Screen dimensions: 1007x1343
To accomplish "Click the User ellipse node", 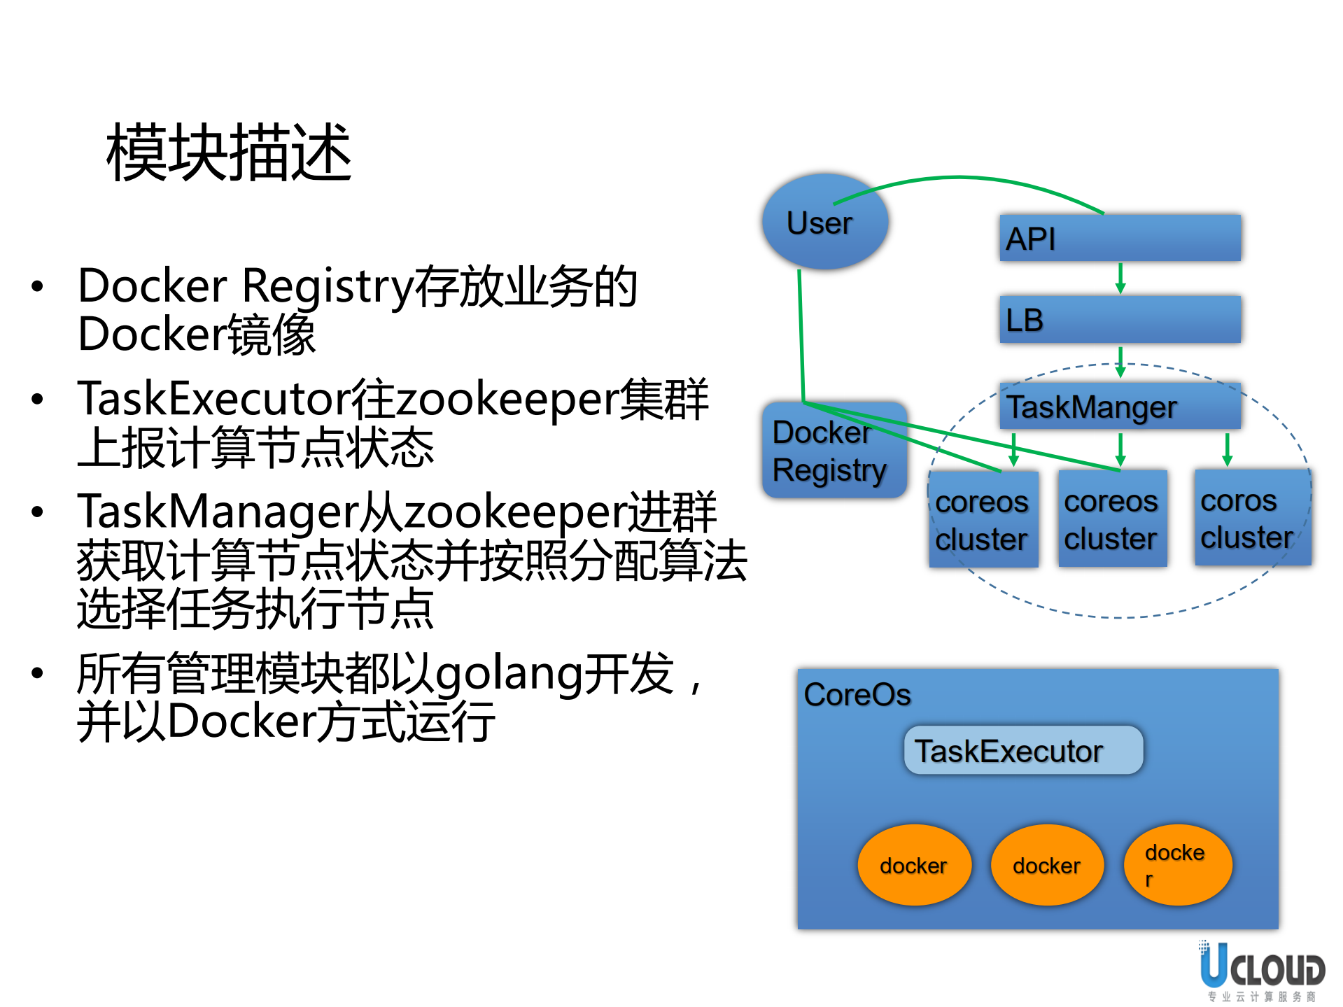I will [x=825, y=223].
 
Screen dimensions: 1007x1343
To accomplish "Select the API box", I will [x=1120, y=239].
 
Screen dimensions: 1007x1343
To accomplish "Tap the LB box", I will [x=1120, y=320].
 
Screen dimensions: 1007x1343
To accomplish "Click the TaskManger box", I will [x=1120, y=407].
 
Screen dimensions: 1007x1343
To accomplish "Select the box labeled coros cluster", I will [x=1252, y=519].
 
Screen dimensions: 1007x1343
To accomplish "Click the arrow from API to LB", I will [x=1120, y=279].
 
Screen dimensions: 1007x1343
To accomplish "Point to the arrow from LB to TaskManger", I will [x=1120, y=362].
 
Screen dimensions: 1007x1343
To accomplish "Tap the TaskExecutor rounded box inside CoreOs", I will [x=1023, y=751].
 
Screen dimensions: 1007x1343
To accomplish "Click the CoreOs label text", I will [x=857, y=695].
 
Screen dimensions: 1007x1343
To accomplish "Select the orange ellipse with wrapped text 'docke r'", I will [x=1178, y=865].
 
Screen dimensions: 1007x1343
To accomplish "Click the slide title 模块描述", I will [x=229, y=153].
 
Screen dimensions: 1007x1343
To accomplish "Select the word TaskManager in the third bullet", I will [x=218, y=512].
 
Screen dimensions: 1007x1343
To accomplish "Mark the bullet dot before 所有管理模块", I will [x=38, y=674].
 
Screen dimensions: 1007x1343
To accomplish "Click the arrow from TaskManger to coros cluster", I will [x=1227, y=449].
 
